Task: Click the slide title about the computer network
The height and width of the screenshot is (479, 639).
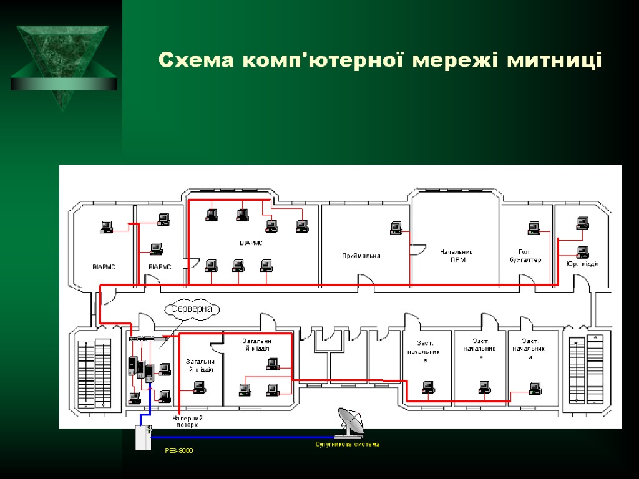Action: [x=380, y=60]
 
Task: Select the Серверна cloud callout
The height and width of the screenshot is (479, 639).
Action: [x=193, y=309]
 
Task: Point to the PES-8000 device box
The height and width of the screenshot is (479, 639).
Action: [x=144, y=437]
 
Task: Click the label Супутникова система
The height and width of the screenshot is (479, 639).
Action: [x=347, y=445]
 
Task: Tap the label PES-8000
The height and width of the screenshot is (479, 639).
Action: [x=179, y=450]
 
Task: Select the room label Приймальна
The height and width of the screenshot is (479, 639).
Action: [x=361, y=256]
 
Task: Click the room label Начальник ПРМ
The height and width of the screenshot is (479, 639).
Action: [x=456, y=256]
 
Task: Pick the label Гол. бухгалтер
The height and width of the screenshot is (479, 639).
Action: [x=525, y=256]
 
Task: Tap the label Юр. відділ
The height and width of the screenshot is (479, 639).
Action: [x=582, y=264]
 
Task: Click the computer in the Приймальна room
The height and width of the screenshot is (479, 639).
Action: [x=396, y=228]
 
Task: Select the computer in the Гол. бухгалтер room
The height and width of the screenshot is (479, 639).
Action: [x=534, y=228]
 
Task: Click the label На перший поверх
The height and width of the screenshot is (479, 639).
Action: [x=188, y=421]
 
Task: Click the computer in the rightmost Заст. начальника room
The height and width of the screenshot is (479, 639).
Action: [x=535, y=387]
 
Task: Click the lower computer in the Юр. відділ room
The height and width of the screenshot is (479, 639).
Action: [x=583, y=251]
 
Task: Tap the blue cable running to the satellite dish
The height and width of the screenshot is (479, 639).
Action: [x=243, y=437]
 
